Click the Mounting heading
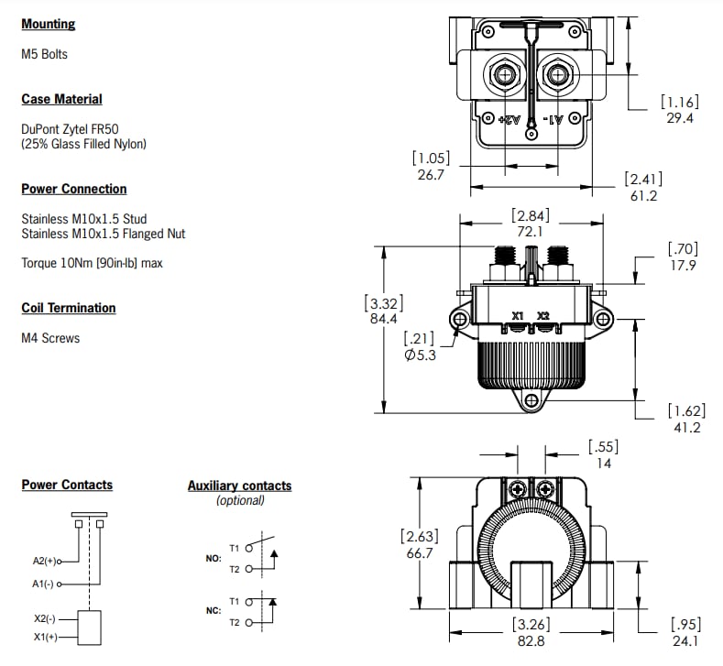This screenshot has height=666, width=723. click(x=49, y=25)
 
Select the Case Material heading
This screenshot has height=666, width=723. click(x=61, y=99)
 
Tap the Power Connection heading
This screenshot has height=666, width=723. click(x=73, y=189)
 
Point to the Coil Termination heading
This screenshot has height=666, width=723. click(x=68, y=308)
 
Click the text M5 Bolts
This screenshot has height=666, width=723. click(x=44, y=54)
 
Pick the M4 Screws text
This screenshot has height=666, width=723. click(x=50, y=338)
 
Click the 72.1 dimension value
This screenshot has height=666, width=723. click(x=531, y=232)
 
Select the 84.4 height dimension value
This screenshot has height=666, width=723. click(x=383, y=319)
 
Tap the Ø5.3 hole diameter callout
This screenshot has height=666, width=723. click(x=420, y=355)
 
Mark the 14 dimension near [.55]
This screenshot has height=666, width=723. click(x=603, y=464)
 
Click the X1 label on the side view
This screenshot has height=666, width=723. click(x=518, y=316)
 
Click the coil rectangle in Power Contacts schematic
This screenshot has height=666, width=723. click(x=89, y=627)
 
